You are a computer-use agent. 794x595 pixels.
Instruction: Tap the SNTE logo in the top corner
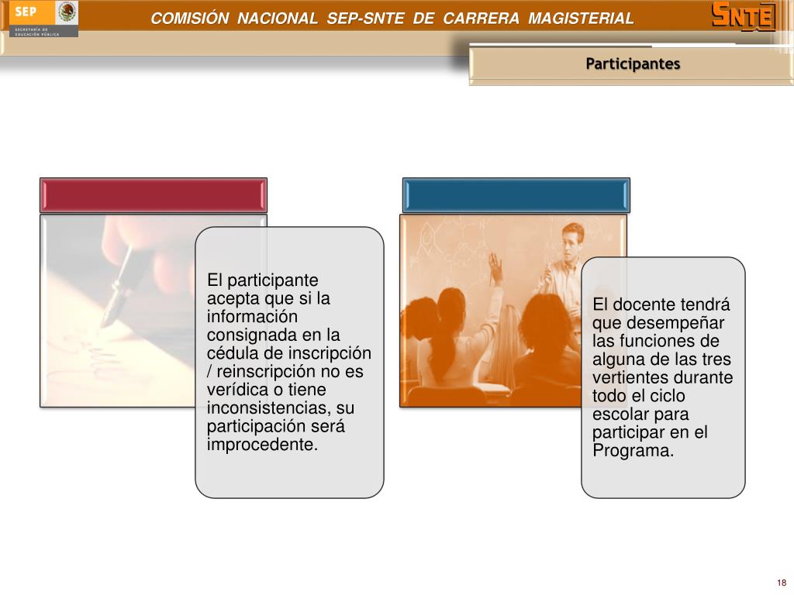point(744,17)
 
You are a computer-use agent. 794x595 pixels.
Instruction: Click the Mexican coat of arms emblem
point(67,12)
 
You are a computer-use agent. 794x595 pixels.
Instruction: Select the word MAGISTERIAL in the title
point(581,19)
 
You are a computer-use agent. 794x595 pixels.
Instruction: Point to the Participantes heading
point(633,64)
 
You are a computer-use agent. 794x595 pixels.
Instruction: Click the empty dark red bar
point(154,195)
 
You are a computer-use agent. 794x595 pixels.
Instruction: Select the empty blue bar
point(516,195)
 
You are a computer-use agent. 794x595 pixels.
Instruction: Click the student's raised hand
point(495,267)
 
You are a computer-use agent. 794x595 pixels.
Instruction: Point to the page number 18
point(782,583)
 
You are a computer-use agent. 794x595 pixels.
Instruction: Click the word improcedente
point(262,444)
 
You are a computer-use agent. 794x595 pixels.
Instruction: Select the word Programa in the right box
point(633,450)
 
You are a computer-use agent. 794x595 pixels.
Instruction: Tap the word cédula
point(233,353)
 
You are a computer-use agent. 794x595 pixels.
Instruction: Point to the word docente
point(643,304)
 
